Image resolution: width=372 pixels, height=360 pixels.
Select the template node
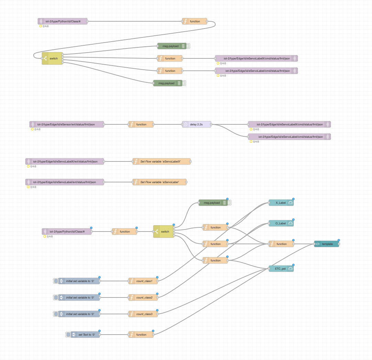pyautogui.click(x=326, y=244)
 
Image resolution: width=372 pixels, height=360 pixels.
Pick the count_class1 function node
pyautogui.click(x=144, y=281)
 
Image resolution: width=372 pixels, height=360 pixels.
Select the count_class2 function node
pyautogui.click(x=144, y=297)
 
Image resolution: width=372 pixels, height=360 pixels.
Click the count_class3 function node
pyautogui.click(x=144, y=314)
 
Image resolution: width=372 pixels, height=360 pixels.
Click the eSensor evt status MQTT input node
pyautogui.click(x=67, y=124)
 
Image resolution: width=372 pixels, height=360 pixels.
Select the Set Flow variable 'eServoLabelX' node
pyautogui.click(x=161, y=161)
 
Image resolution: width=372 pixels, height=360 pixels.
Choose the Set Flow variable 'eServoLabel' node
pyautogui.click(x=161, y=182)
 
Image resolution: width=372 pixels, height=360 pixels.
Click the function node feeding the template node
pyautogui.click(x=281, y=244)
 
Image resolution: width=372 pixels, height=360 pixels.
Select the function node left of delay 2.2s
pyautogui.click(x=141, y=124)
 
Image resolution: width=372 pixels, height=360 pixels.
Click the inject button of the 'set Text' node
pyautogui.click(x=68, y=335)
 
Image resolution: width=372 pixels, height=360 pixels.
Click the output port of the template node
pyautogui.click(x=339, y=244)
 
